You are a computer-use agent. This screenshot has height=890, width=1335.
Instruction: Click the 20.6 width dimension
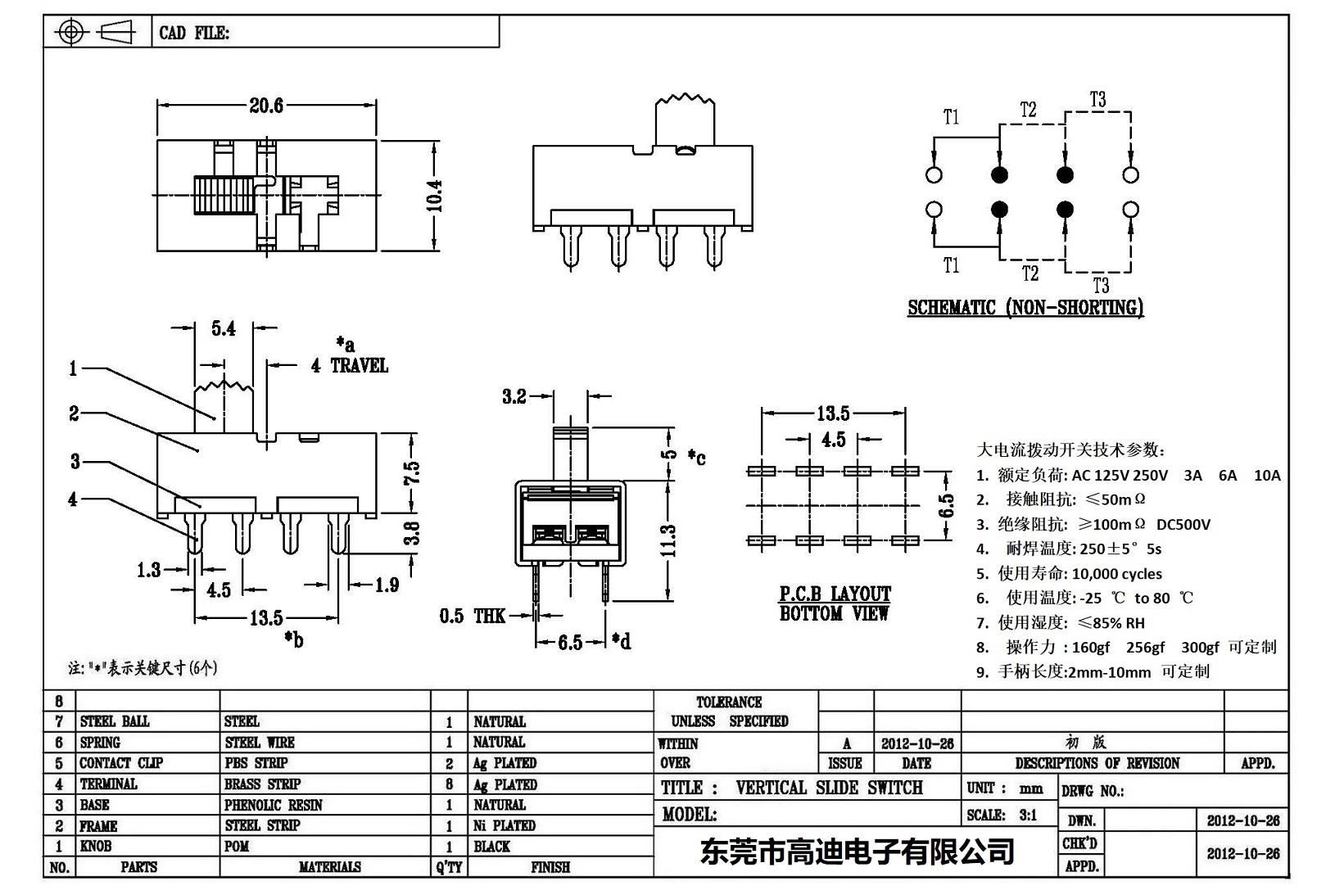tap(266, 106)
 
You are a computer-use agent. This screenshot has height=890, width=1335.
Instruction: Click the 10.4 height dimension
tap(434, 196)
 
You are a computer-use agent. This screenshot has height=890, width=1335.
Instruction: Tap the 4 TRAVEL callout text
tap(350, 365)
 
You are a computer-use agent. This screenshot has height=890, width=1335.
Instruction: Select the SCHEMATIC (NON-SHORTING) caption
tap(1025, 308)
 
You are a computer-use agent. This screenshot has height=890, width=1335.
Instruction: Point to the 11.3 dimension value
tap(668, 541)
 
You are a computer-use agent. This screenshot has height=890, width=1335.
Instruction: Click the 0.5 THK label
tap(473, 616)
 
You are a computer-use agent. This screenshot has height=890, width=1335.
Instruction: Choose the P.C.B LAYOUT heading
tap(835, 594)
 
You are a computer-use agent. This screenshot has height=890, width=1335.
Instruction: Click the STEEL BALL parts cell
tap(115, 721)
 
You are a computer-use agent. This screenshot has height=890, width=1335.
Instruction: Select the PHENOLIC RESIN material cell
tap(274, 805)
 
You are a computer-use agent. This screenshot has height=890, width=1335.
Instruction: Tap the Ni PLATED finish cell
tap(505, 825)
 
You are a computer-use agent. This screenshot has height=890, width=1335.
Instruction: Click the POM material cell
tap(237, 846)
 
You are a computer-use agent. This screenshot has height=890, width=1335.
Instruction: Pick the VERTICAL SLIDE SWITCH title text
tap(829, 788)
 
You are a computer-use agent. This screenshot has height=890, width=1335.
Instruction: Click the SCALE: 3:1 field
tap(1002, 815)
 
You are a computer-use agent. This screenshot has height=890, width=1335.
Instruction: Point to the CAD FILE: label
tap(194, 33)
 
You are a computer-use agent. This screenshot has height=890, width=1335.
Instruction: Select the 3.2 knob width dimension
tap(514, 396)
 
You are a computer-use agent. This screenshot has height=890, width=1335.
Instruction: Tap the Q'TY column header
tap(450, 867)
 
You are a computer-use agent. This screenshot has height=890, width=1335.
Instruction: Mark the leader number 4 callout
tap(73, 499)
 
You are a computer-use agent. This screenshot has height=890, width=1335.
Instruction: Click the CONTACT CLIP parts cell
tap(121, 763)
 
